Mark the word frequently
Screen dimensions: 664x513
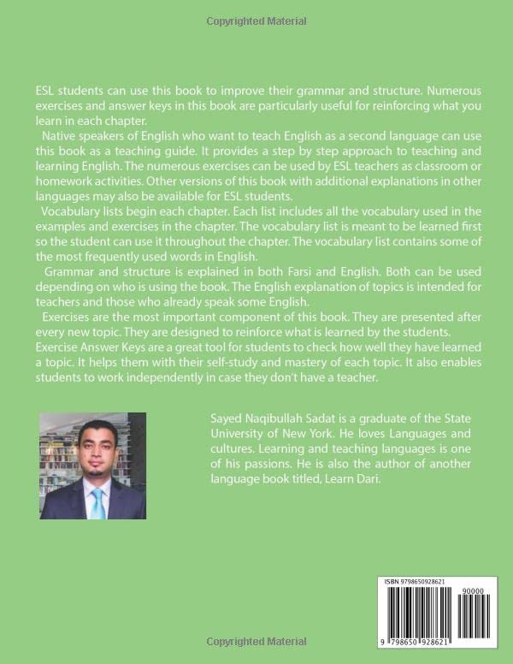click(x=111, y=257)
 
